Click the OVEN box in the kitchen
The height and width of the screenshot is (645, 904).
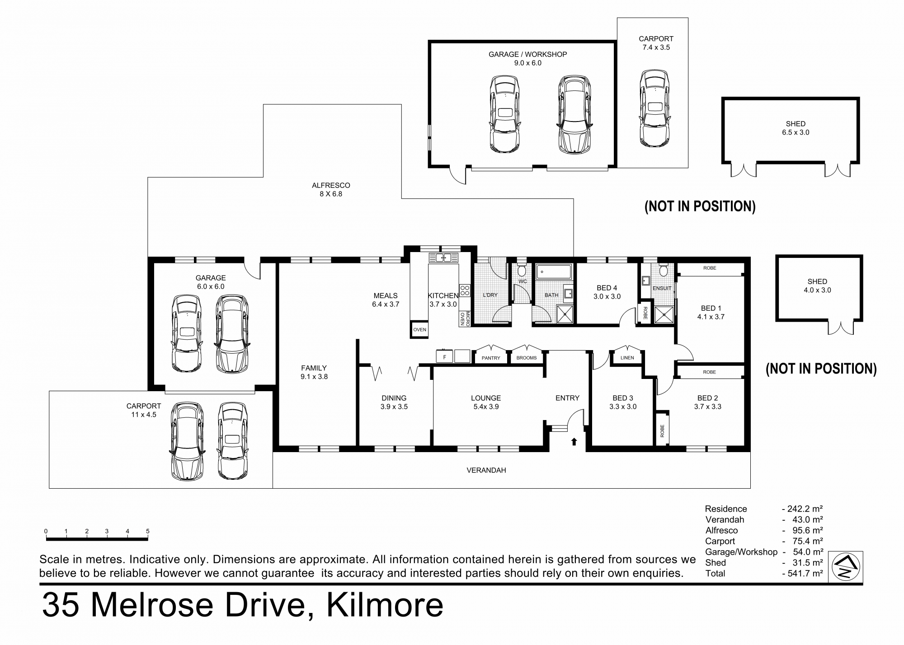(419, 329)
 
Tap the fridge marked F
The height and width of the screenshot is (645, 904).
(445, 357)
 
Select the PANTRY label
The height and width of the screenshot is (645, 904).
(491, 358)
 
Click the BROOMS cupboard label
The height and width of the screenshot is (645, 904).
(527, 358)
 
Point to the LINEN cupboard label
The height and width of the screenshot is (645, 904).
(627, 358)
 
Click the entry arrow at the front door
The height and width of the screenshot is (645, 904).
(574, 441)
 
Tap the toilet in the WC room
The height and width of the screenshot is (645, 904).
(522, 270)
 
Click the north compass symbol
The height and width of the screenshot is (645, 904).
(846, 567)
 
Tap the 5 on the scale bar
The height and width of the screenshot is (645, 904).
(148, 531)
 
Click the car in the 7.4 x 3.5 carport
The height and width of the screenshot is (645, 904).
(654, 108)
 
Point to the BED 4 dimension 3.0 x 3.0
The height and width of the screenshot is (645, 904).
(607, 297)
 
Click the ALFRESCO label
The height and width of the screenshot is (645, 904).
(331, 185)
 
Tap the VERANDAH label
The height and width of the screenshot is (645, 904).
(486, 470)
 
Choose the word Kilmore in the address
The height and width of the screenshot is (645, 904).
(385, 606)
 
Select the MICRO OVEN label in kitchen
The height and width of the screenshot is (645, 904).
(465, 318)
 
